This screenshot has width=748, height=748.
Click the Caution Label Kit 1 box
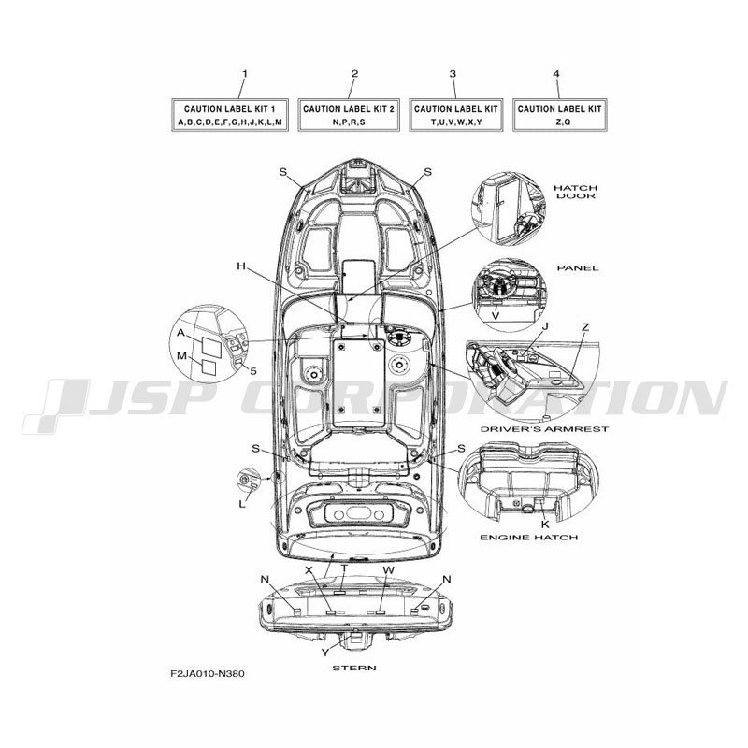(229, 114)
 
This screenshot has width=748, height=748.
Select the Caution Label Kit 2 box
(349, 114)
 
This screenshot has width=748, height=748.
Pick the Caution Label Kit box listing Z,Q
(559, 114)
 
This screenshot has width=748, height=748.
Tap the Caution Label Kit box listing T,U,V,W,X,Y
(456, 114)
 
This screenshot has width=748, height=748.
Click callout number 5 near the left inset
(253, 370)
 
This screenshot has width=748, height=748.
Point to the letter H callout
(241, 266)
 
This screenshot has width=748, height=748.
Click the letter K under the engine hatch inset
(545, 525)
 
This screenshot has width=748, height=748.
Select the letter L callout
(242, 504)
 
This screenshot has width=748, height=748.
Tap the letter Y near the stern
(324, 653)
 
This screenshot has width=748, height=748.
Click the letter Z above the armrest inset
(585, 326)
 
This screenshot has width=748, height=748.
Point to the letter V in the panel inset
(496, 316)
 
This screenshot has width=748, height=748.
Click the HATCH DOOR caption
(576, 192)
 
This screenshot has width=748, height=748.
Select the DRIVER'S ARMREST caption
(544, 429)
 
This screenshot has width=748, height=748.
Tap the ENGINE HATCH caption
(528, 537)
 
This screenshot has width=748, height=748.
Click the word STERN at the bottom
(354, 668)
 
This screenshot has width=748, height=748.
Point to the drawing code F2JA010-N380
(208, 674)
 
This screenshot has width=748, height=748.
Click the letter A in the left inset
(180, 333)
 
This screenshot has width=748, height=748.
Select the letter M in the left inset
(181, 356)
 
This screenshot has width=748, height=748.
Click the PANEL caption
(578, 268)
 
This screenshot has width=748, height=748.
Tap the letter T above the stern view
(344, 568)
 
